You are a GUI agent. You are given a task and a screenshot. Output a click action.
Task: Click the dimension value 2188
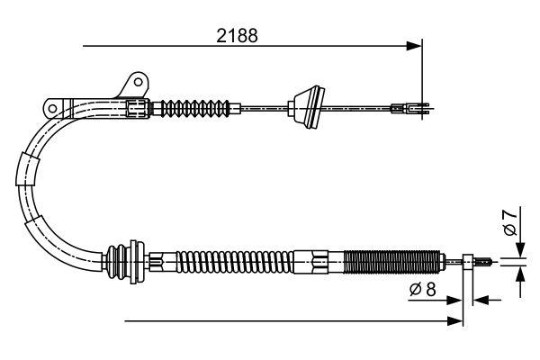[x=238, y=37]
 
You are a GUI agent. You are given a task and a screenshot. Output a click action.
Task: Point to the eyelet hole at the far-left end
[x=54, y=109]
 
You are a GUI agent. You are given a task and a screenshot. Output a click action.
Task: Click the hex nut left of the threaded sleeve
[x=319, y=264]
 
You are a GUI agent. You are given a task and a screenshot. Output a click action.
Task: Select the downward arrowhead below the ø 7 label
[x=520, y=253]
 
